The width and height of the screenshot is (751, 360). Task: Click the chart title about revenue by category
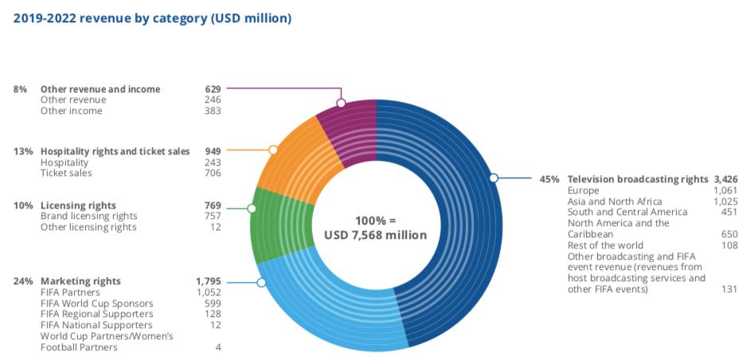click(x=152, y=18)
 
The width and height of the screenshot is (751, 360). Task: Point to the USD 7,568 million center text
click(x=375, y=235)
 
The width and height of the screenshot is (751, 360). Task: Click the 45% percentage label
click(x=550, y=179)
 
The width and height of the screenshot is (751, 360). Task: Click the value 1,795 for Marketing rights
click(x=208, y=281)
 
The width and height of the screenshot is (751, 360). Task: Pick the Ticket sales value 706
click(x=213, y=173)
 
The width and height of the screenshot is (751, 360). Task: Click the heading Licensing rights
click(x=78, y=205)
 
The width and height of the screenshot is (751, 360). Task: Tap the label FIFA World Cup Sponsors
click(x=96, y=303)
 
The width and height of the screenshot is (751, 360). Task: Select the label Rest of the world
click(x=604, y=245)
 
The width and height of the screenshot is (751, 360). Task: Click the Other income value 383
click(x=213, y=111)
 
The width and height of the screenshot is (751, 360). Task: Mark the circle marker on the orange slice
click(x=273, y=150)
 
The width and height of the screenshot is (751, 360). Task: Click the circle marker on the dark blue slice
click(x=494, y=178)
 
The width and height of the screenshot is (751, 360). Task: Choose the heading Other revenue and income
click(x=100, y=89)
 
